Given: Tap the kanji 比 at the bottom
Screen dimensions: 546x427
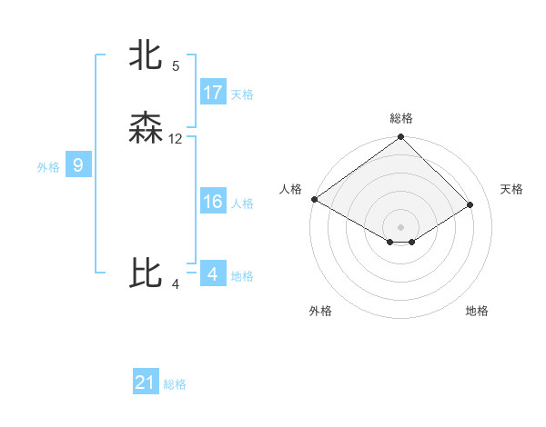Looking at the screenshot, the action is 146,273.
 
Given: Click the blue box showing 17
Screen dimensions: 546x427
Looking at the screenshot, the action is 213,93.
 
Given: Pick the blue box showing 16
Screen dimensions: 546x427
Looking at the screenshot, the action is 213,202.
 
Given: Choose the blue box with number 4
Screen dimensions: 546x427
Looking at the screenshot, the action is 213,273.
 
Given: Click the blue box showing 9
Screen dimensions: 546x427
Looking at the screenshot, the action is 78,165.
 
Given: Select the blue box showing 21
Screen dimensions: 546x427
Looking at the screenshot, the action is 146,382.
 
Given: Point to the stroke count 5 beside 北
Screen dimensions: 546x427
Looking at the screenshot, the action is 176,66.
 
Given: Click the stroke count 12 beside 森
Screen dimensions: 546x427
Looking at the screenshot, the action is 176,139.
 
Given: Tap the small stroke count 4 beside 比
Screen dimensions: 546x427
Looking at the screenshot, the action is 176,284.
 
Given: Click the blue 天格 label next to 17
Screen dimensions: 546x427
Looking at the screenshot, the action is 242,94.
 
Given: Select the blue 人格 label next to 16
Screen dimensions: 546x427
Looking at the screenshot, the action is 242,204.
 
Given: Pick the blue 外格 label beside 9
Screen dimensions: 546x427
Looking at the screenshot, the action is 48,167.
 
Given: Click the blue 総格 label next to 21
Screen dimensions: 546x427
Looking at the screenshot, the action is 175,384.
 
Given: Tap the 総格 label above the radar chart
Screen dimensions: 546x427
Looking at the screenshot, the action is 400,118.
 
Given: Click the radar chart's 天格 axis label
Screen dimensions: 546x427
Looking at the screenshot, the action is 511,189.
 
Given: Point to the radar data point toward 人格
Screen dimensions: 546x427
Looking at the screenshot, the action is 313,199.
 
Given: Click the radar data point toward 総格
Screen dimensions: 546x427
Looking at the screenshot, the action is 400,137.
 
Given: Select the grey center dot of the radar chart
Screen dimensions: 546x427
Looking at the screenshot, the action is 400,226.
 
